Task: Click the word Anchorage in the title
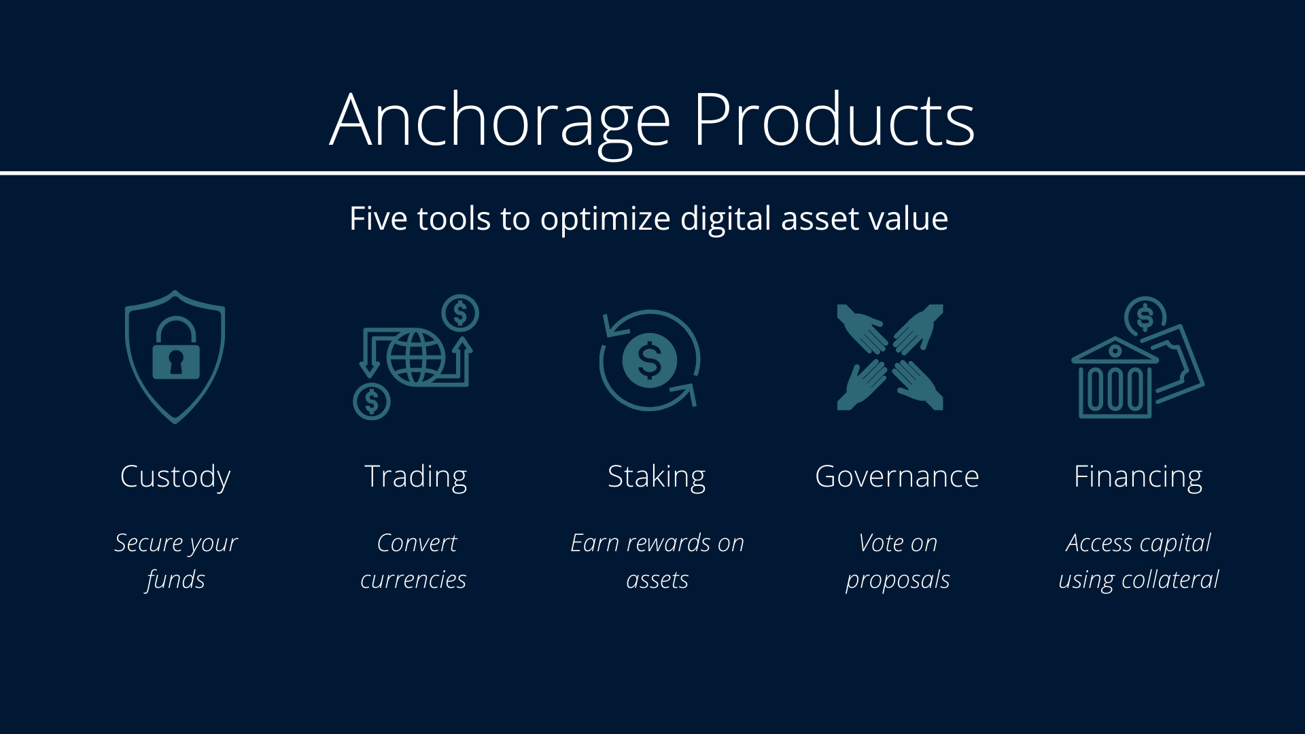500,121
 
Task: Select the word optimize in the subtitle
605,219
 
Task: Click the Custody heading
175,477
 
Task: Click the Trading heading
416,477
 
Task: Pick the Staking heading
657,477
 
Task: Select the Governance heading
897,477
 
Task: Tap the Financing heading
1138,477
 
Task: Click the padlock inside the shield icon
176,353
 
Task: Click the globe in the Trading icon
416,357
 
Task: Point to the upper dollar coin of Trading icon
460,313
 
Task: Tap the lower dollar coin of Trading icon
372,401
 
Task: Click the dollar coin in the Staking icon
650,360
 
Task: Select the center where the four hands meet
890,357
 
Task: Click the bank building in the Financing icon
1115,381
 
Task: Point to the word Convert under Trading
416,544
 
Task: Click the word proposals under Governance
897,580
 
